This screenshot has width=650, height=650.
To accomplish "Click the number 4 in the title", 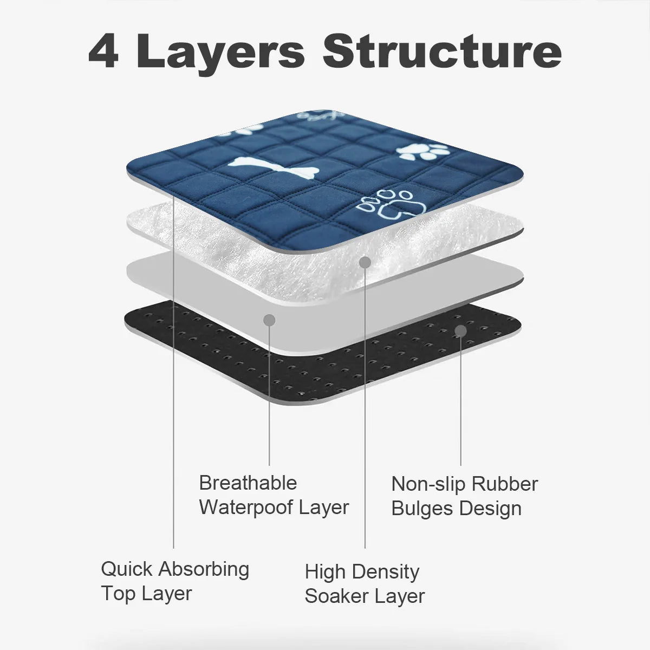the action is click(x=103, y=51).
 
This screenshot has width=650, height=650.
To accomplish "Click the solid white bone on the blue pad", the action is click(x=273, y=167).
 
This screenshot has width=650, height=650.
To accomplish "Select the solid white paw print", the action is click(x=423, y=152).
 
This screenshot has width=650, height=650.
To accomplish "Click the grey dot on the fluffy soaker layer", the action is click(x=365, y=262).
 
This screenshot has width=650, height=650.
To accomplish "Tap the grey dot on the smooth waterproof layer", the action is click(x=269, y=320).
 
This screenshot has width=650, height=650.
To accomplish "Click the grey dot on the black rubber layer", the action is click(x=461, y=331).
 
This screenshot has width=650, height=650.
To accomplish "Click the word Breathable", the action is click(x=248, y=483).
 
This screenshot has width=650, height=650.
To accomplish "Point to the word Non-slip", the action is click(x=428, y=485).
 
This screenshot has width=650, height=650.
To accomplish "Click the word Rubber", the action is click(x=505, y=484).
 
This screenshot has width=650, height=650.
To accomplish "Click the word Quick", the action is click(x=127, y=569).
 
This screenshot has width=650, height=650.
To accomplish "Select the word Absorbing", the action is click(x=204, y=570).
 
